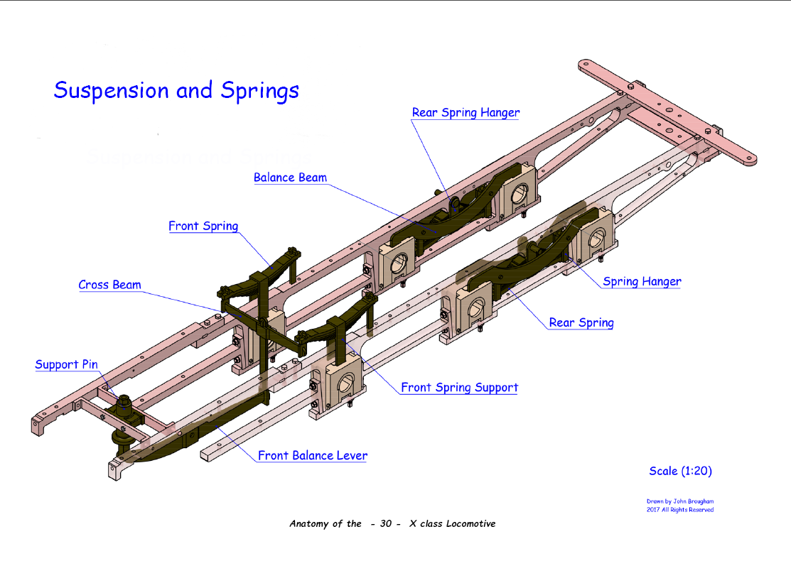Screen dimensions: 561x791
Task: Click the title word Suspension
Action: click(x=112, y=91)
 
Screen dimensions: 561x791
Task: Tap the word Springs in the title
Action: click(x=259, y=91)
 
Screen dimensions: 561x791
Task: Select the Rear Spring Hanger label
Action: click(x=466, y=113)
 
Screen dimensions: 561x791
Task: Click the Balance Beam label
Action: click(x=290, y=178)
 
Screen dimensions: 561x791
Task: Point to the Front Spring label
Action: click(x=203, y=227)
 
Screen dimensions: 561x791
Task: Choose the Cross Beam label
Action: click(x=109, y=285)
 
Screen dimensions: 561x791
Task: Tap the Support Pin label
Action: click(x=67, y=364)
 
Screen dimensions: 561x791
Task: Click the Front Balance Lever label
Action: click(x=312, y=455)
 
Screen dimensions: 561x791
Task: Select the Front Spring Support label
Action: click(x=459, y=388)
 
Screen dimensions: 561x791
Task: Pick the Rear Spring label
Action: click(x=581, y=322)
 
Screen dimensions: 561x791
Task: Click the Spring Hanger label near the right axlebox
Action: click(x=642, y=282)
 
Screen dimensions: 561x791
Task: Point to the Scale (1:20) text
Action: click(x=680, y=471)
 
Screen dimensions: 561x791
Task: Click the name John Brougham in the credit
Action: click(x=692, y=501)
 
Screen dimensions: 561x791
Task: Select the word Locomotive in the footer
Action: click(x=470, y=524)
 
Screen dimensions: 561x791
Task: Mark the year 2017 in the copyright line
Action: click(x=654, y=510)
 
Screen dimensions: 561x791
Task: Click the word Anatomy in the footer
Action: click(x=311, y=524)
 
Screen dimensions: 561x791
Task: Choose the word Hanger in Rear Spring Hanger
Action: click(x=499, y=113)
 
